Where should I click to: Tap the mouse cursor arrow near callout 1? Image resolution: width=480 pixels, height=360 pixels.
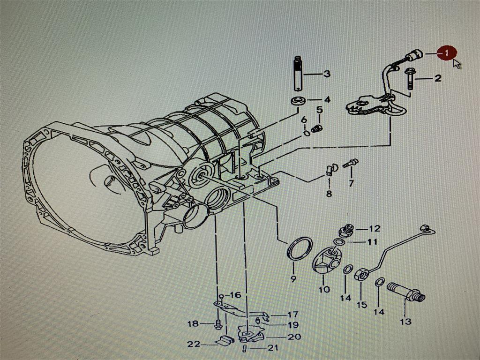457,64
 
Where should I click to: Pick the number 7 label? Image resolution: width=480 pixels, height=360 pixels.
351,183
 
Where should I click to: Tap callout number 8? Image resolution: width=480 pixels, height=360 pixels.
329,193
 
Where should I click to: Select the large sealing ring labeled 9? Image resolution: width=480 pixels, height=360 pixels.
300,248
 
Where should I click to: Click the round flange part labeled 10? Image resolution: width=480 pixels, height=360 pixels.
326,261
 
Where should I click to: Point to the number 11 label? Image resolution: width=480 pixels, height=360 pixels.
372,242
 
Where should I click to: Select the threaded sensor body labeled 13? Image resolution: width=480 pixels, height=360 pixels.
405,291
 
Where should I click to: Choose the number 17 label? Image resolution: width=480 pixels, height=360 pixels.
292,315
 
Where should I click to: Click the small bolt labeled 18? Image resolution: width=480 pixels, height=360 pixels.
218,323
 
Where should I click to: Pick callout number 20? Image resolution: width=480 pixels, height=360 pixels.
294,336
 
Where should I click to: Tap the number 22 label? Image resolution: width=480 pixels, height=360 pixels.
194,344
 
